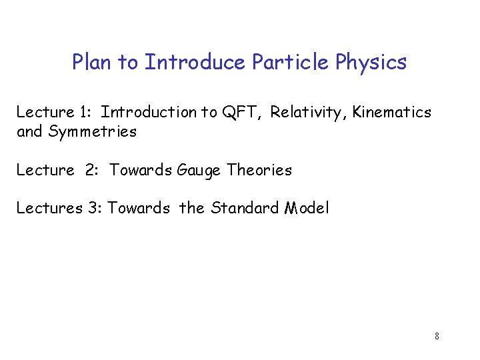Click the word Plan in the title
point(91,63)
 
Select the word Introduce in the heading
point(196,63)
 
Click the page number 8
point(436,336)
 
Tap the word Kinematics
point(392,113)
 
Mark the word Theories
point(259,170)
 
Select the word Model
point(307,208)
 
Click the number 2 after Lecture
point(91,170)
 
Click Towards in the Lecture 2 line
point(140,170)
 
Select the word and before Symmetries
point(29,132)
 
